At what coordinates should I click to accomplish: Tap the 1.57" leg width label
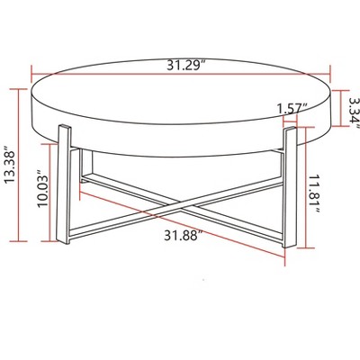tap(293, 108)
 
